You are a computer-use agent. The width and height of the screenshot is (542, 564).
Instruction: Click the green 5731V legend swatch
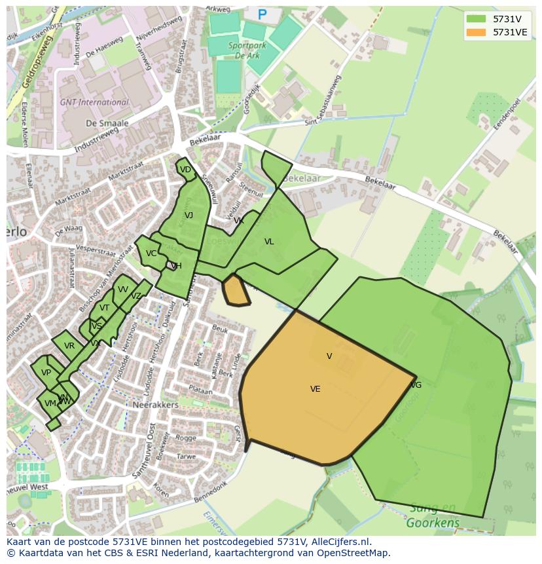(477, 19)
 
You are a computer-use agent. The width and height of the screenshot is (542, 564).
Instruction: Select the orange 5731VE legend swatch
(477, 32)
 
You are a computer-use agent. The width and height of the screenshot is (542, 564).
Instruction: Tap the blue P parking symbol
(262, 14)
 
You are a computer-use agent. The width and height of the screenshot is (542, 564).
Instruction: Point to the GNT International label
(94, 102)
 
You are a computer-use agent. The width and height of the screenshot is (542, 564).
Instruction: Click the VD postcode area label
(185, 170)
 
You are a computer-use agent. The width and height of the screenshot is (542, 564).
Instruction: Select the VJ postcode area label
(189, 216)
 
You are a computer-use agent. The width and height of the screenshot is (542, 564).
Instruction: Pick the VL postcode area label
(269, 242)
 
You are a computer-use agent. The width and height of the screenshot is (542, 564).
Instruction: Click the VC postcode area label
(151, 254)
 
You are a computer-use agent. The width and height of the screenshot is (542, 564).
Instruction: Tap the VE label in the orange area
(315, 389)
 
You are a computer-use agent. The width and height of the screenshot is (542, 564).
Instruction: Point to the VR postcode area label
(69, 346)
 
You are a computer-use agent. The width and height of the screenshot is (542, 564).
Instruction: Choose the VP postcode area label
(46, 373)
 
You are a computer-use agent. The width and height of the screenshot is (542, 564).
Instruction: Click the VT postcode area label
(105, 308)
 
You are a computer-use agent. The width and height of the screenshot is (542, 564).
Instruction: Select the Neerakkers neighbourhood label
(156, 405)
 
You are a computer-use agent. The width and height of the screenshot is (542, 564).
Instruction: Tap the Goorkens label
(433, 523)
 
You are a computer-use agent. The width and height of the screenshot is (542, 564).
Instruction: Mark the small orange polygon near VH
(236, 290)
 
